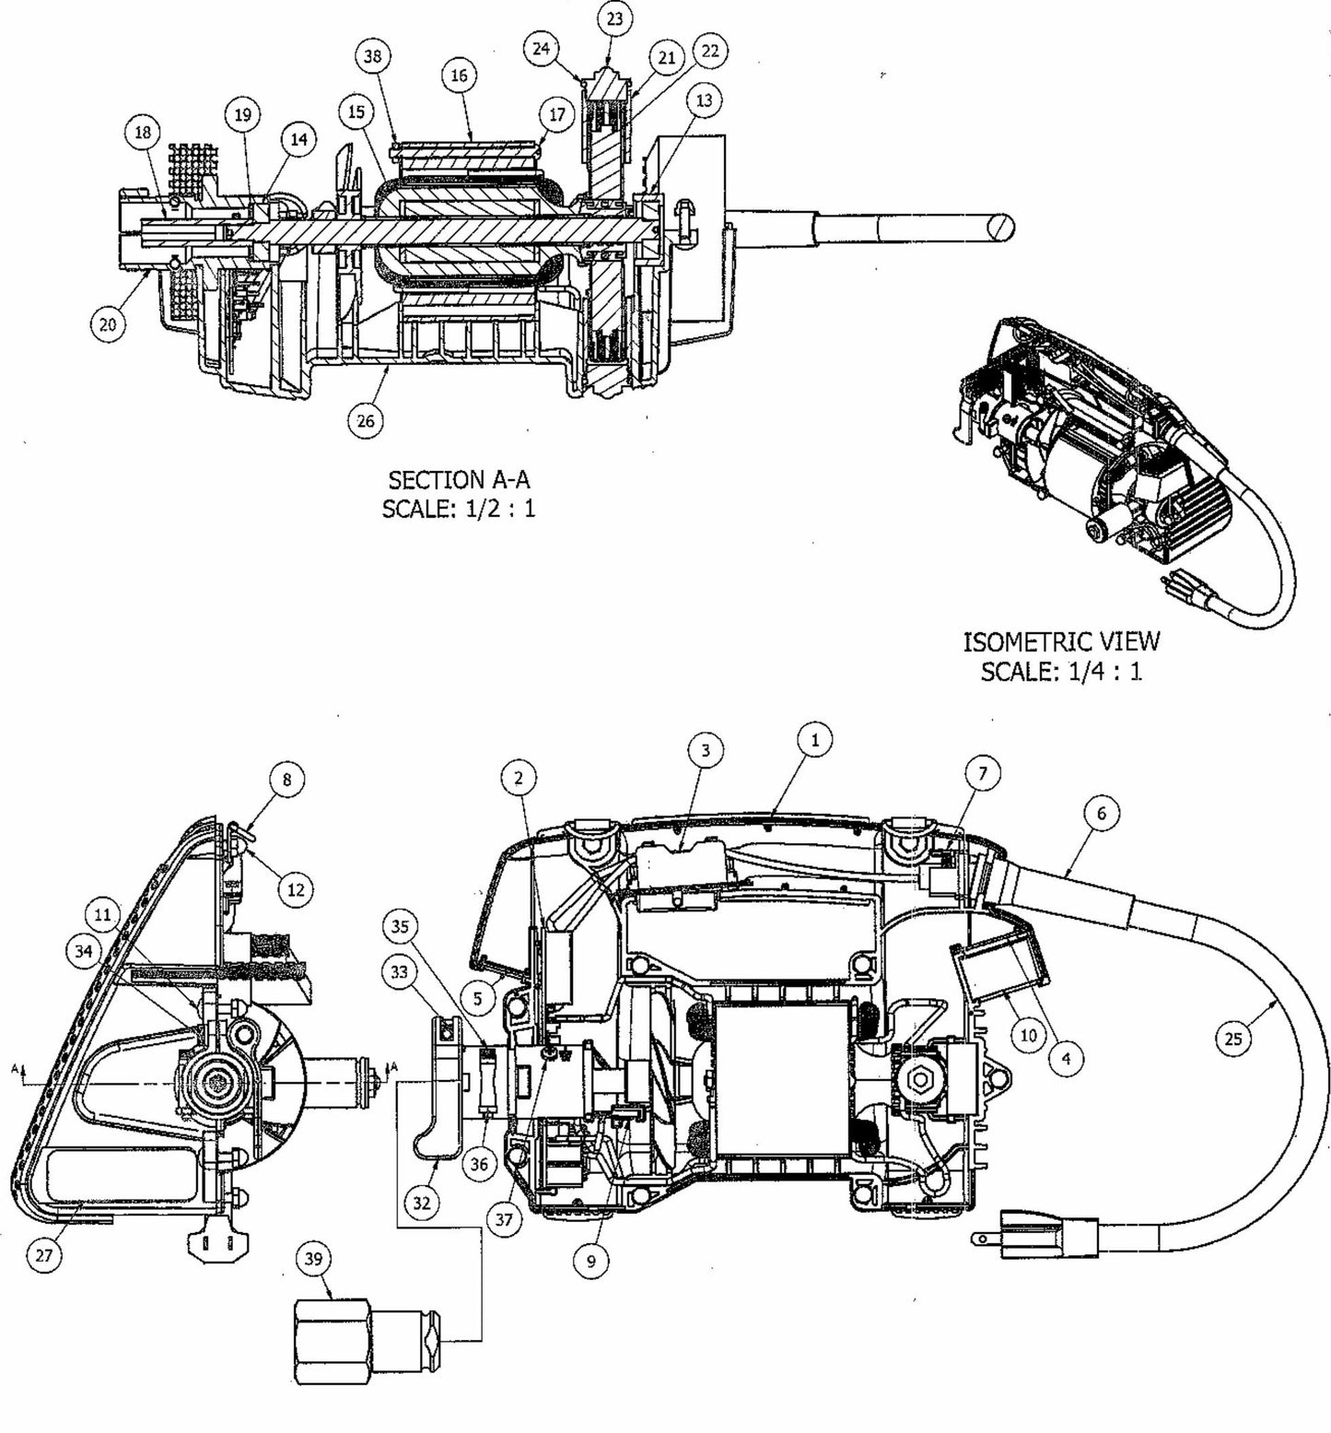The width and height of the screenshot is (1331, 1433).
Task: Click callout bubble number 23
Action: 614,19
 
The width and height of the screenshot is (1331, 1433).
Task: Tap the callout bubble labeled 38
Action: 372,56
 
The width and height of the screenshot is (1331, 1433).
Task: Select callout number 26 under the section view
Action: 366,420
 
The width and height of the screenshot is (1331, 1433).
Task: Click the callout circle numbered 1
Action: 814,739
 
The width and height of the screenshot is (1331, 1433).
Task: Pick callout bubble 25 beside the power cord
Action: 1233,1039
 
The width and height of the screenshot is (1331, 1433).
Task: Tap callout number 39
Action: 314,1260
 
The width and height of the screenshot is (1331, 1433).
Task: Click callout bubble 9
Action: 590,1261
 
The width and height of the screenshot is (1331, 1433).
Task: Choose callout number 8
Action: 286,780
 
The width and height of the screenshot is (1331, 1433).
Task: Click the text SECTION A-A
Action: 459,479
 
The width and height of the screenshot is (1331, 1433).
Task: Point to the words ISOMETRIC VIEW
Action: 1061,640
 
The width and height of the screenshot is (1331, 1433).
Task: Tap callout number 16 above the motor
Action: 460,76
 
